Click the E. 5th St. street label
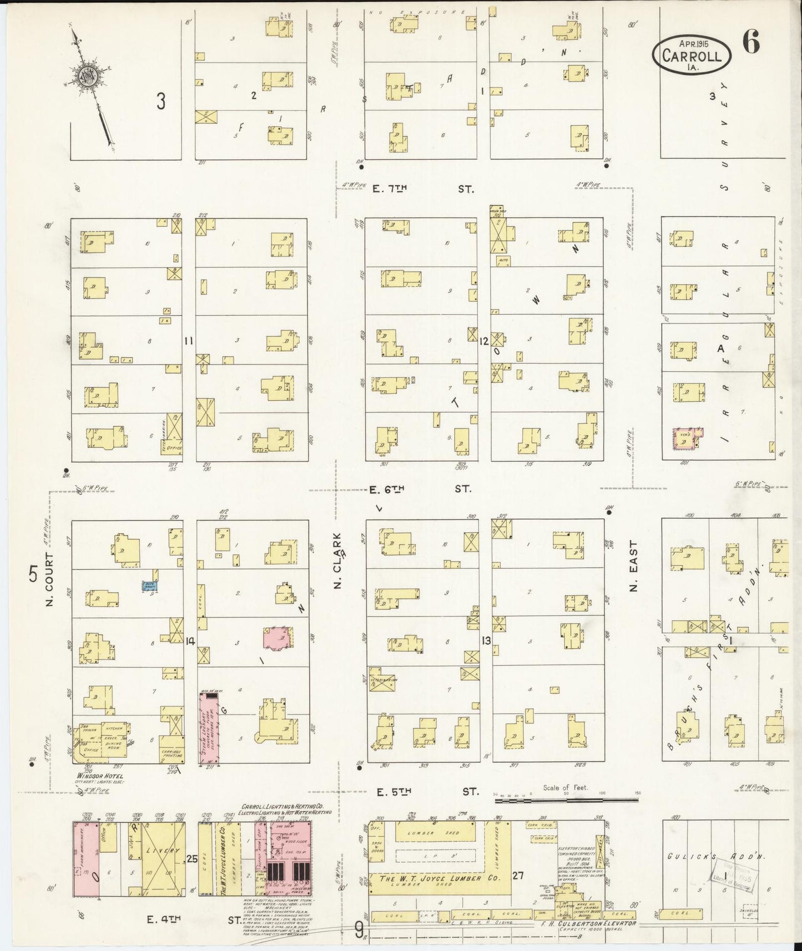pos(422,791)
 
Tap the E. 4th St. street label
pos(189,919)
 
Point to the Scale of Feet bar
pos(566,801)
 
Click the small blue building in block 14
pos(150,585)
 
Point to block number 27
pos(518,876)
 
